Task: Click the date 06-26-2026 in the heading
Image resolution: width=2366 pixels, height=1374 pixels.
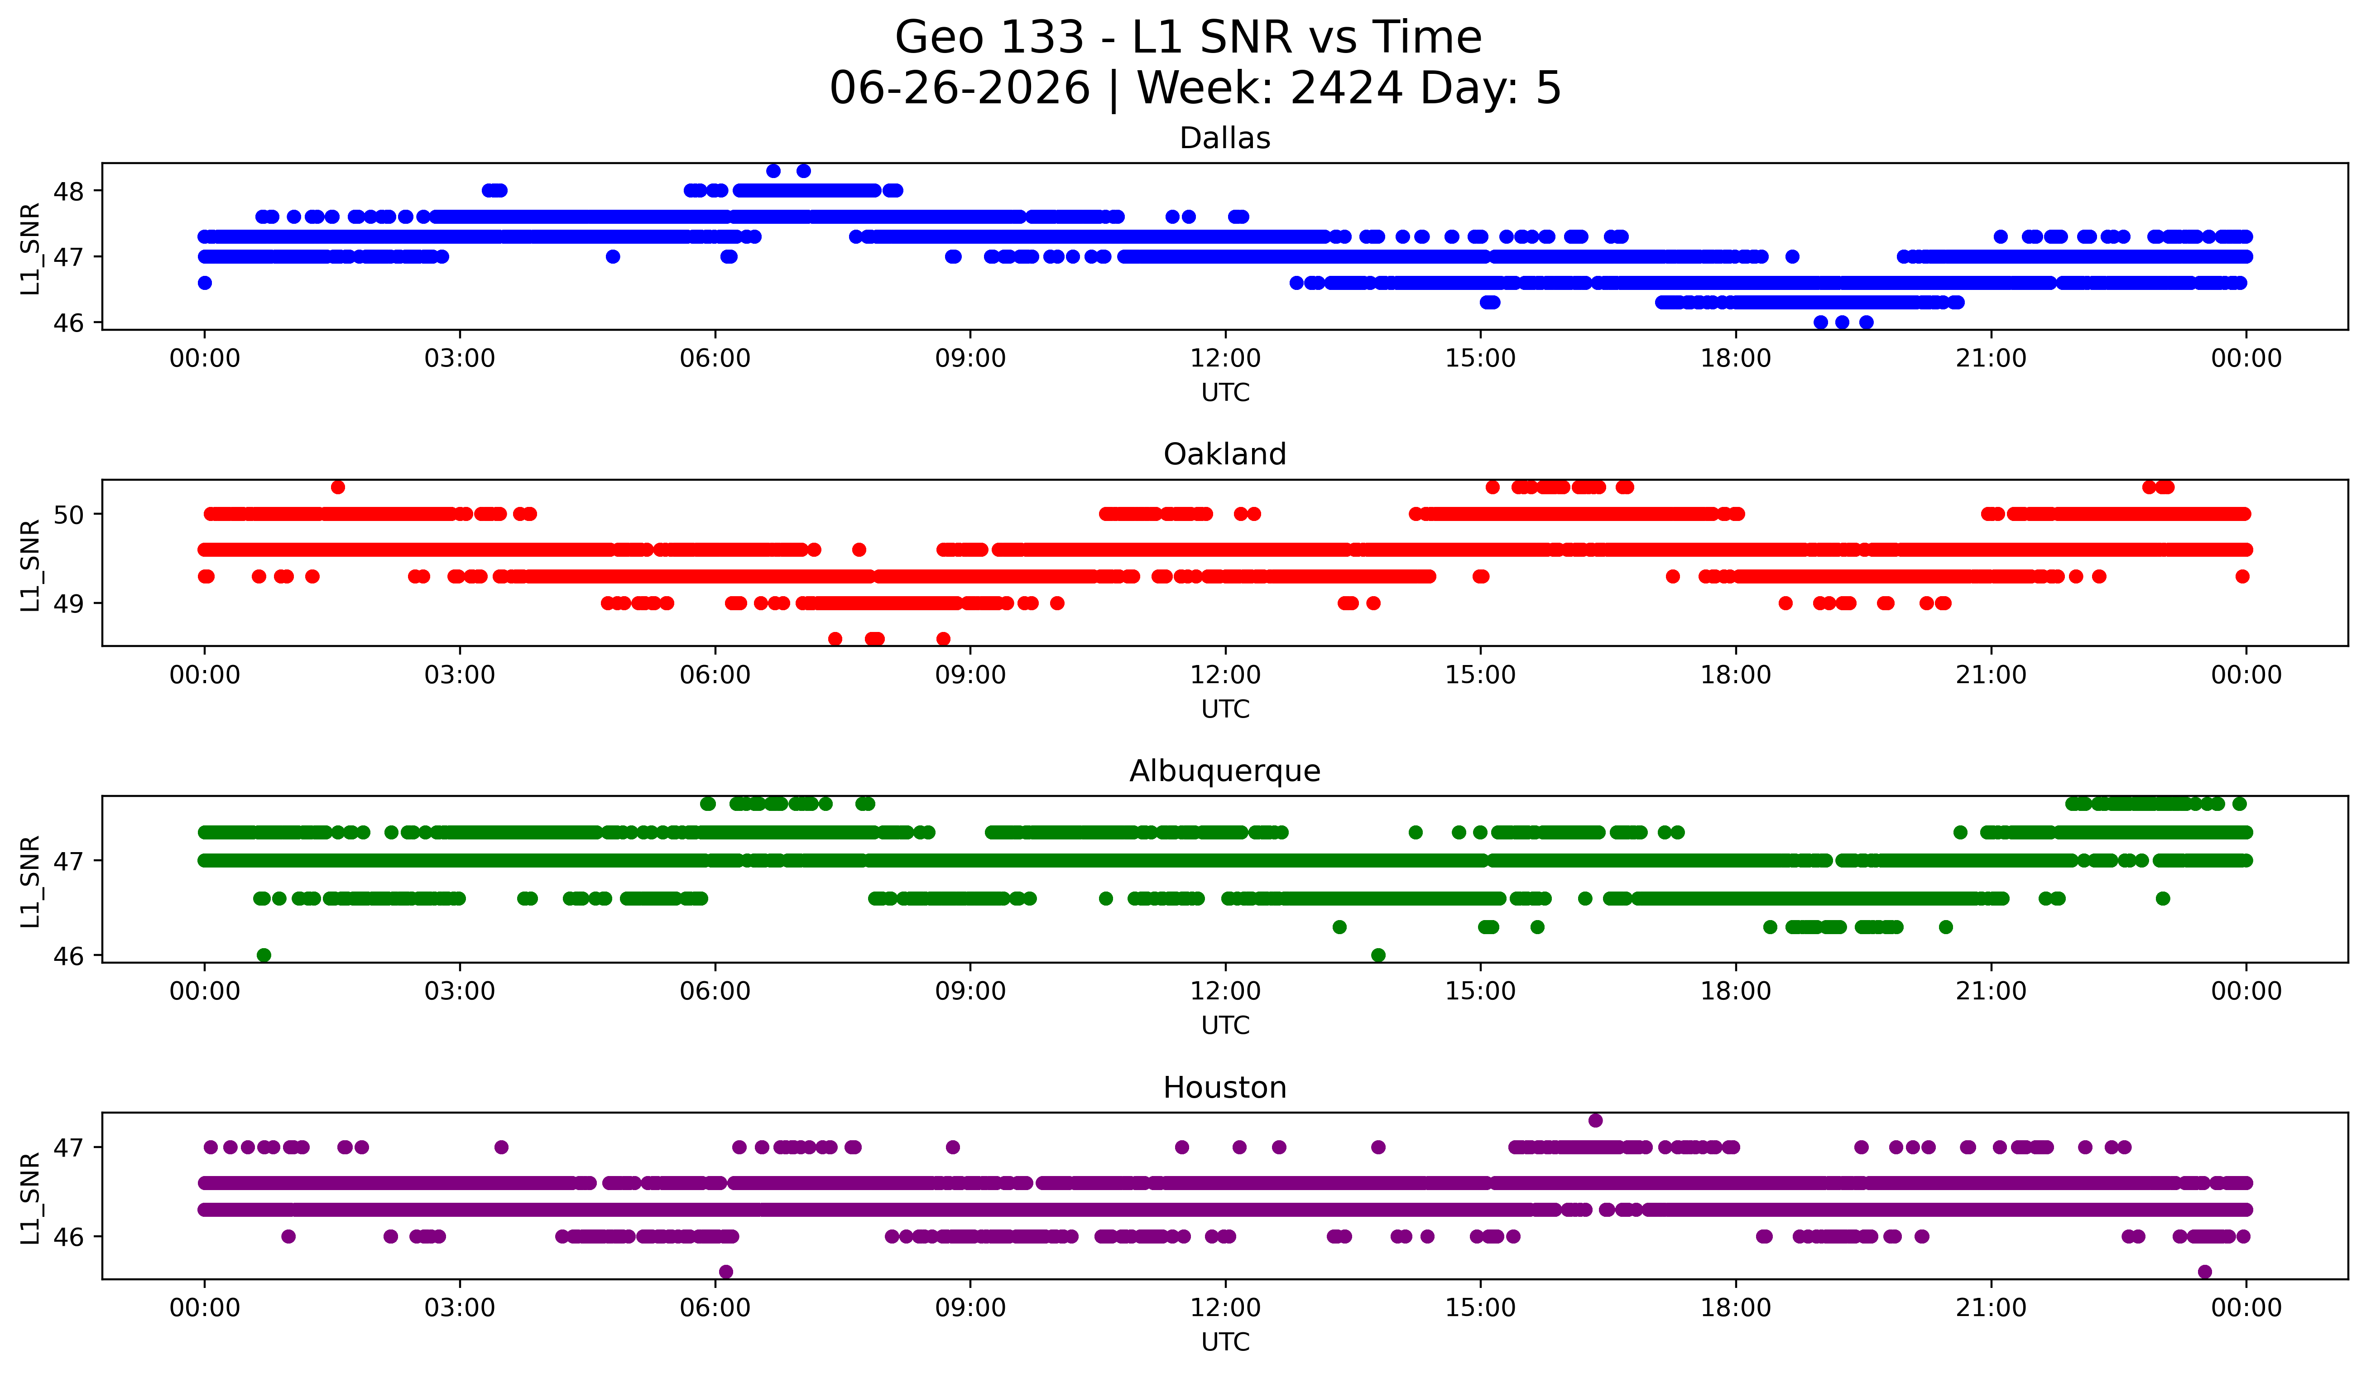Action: (960, 88)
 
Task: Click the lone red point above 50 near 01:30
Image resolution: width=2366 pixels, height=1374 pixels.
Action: (338, 487)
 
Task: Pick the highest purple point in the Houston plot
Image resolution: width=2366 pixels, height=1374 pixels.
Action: (1595, 1120)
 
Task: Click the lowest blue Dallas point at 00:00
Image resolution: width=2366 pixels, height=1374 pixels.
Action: (205, 283)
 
